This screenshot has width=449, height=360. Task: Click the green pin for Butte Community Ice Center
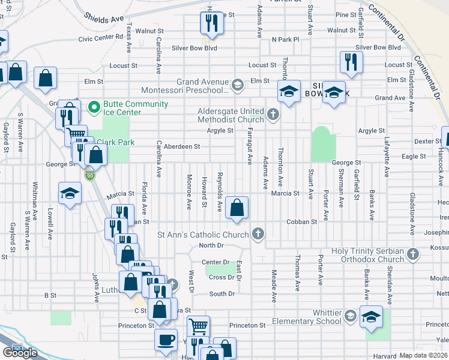click(94, 108)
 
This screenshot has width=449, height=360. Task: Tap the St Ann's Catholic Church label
click(203, 234)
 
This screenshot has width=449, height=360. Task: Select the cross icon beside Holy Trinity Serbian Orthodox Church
click(412, 254)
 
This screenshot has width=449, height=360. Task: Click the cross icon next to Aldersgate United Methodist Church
click(273, 113)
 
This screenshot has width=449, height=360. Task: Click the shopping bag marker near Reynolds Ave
click(238, 208)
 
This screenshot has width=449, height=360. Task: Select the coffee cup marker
click(166, 340)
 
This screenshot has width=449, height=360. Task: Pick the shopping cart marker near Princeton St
click(198, 327)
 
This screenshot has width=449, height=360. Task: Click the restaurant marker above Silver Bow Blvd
click(211, 23)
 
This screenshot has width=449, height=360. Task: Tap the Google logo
click(20, 352)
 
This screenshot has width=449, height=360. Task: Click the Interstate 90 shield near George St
click(89, 175)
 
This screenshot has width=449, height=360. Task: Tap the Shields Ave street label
click(104, 19)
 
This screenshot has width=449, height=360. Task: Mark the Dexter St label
click(428, 142)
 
